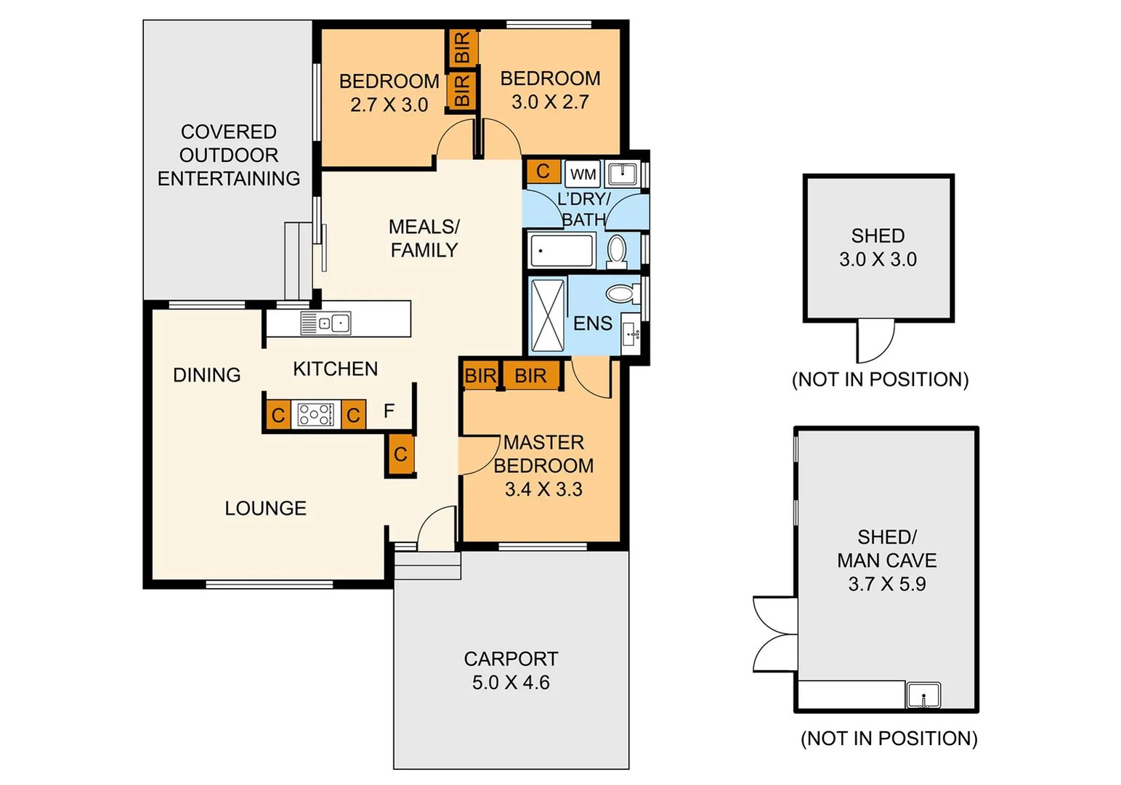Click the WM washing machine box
click(x=583, y=174)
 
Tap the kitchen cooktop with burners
click(x=316, y=414)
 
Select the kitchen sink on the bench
click(x=326, y=323)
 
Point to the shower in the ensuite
click(x=548, y=315)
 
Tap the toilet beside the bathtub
click(x=617, y=250)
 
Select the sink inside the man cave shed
click(x=923, y=695)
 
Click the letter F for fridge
click(x=389, y=411)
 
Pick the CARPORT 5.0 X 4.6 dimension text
click(x=511, y=683)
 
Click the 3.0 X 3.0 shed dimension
click(x=878, y=259)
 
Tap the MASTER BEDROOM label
click(x=543, y=454)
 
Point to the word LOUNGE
click(x=265, y=508)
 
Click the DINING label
click(x=206, y=375)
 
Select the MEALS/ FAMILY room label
click(x=424, y=238)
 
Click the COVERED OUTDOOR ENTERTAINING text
click(x=229, y=155)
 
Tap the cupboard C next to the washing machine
click(x=543, y=172)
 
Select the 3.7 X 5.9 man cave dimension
click(x=886, y=584)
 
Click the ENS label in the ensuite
click(x=593, y=323)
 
